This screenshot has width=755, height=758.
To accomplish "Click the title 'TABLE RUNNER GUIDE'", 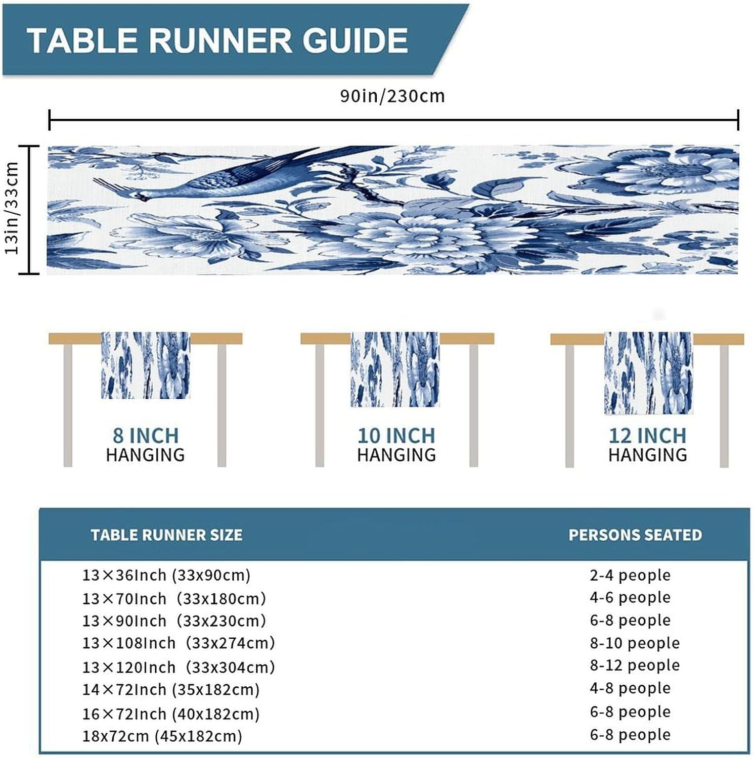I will click(217, 40).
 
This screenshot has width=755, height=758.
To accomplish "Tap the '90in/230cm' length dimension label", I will click(392, 96).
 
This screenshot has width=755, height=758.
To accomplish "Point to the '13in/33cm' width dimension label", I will click(12, 208).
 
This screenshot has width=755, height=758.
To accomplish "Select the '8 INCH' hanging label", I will click(146, 436).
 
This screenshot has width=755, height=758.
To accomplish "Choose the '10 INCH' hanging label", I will click(396, 436).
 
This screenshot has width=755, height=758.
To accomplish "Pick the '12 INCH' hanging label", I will click(647, 436).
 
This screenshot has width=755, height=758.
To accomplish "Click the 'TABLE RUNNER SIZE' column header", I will click(166, 535).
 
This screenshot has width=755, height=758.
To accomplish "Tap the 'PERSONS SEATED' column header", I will click(635, 535).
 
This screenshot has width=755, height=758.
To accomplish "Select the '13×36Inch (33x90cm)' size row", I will click(166, 575).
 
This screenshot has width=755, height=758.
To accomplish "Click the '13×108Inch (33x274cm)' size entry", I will click(179, 643).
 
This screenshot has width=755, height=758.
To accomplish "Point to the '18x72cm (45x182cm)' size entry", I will click(162, 736).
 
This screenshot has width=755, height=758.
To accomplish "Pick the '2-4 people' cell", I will click(630, 575).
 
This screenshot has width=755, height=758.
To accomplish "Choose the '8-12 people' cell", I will click(635, 665).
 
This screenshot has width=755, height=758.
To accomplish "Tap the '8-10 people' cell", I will click(635, 643).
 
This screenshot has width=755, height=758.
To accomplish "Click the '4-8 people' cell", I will click(630, 688).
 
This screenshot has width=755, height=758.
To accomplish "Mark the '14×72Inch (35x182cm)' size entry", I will click(171, 689).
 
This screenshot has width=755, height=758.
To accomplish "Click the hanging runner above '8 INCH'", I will click(146, 365).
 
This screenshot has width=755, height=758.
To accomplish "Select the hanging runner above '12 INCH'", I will click(648, 373).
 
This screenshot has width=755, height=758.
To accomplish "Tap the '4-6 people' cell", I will click(630, 597).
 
